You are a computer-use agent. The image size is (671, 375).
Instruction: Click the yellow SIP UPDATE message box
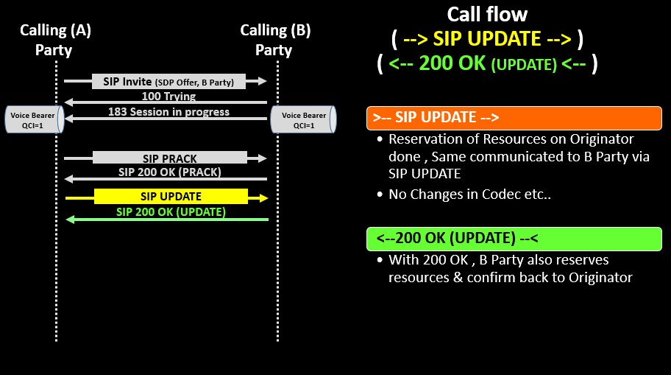(x=171, y=197)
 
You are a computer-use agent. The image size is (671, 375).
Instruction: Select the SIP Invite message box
(x=168, y=81)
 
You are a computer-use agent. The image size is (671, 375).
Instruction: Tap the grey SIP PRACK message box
(x=170, y=158)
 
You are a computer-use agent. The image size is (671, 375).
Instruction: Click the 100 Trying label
(x=168, y=97)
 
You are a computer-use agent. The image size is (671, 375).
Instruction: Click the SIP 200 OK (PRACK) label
(x=170, y=172)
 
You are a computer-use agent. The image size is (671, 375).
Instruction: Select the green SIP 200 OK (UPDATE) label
(x=171, y=212)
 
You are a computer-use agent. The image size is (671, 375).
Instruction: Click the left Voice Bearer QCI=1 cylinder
(x=34, y=120)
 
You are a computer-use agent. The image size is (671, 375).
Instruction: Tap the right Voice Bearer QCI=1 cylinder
(x=303, y=120)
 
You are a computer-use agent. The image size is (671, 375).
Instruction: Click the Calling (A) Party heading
(x=55, y=40)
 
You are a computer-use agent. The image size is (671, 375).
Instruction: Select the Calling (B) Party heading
(x=275, y=40)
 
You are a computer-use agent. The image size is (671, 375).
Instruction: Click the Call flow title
(x=486, y=14)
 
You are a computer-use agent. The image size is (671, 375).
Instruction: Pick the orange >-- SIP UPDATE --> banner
(x=514, y=118)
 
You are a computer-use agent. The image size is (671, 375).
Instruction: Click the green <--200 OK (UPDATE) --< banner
(x=514, y=239)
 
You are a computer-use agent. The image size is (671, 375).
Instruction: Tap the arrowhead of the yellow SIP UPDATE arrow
(x=263, y=197)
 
